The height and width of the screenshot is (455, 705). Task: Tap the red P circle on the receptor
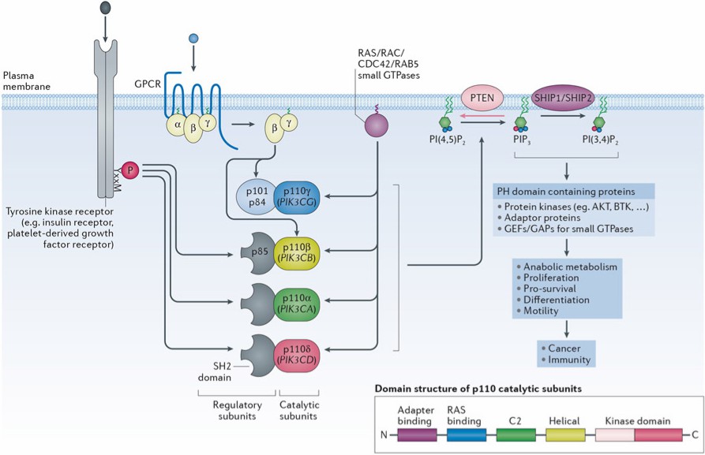[131, 169]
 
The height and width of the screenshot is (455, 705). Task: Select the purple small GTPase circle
[377, 127]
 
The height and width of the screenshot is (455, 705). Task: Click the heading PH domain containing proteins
[565, 192]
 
